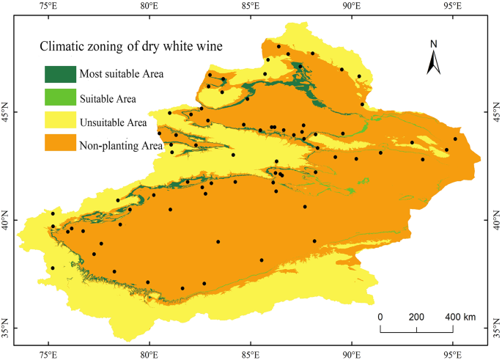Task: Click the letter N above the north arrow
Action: (433, 44)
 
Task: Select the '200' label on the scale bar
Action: (416, 317)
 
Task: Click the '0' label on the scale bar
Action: (380, 317)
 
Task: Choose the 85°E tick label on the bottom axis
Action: (250, 353)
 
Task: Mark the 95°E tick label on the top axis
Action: (452, 7)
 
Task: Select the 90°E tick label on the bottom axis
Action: (351, 353)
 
